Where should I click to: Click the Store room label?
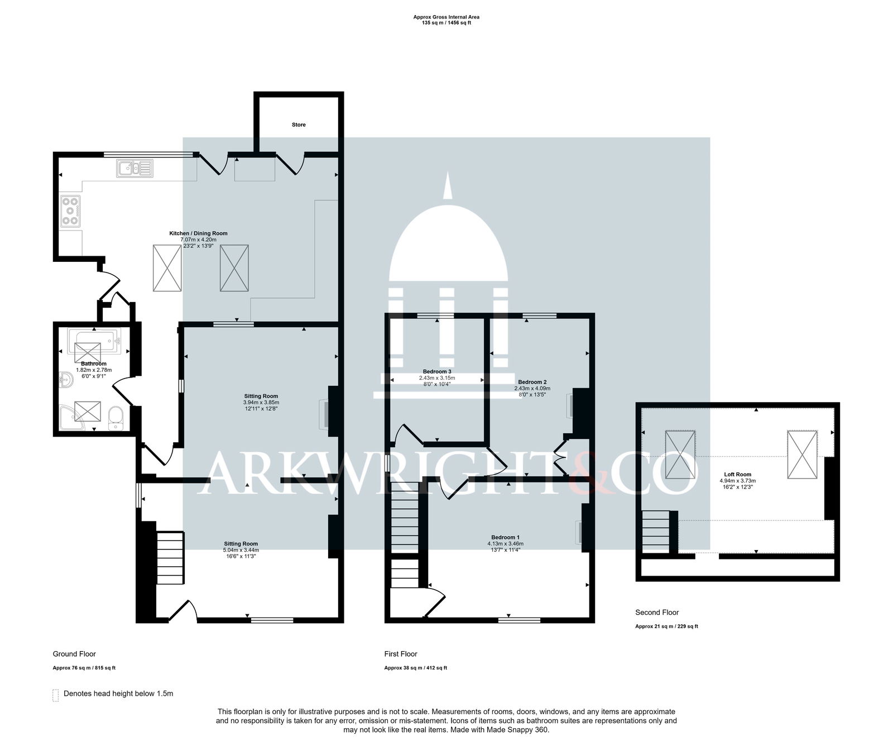[x=299, y=125]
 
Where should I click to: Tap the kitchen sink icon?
[x=135, y=168]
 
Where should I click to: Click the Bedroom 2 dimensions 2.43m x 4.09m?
[x=532, y=389]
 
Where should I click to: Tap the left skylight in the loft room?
[x=680, y=455]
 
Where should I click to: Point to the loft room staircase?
[x=656, y=530]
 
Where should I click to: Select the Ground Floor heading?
[x=74, y=654]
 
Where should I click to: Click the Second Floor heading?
[x=657, y=613]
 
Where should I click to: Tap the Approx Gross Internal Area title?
[x=446, y=17]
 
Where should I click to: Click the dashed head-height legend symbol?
[x=55, y=695]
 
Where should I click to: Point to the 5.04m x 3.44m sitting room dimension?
[x=241, y=549]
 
